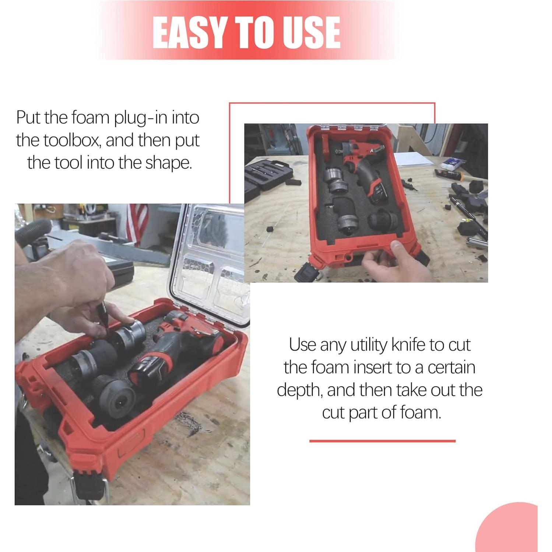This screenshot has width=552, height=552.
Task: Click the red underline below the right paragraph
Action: coord(382,441)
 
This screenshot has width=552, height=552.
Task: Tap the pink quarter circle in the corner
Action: coord(512,531)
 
